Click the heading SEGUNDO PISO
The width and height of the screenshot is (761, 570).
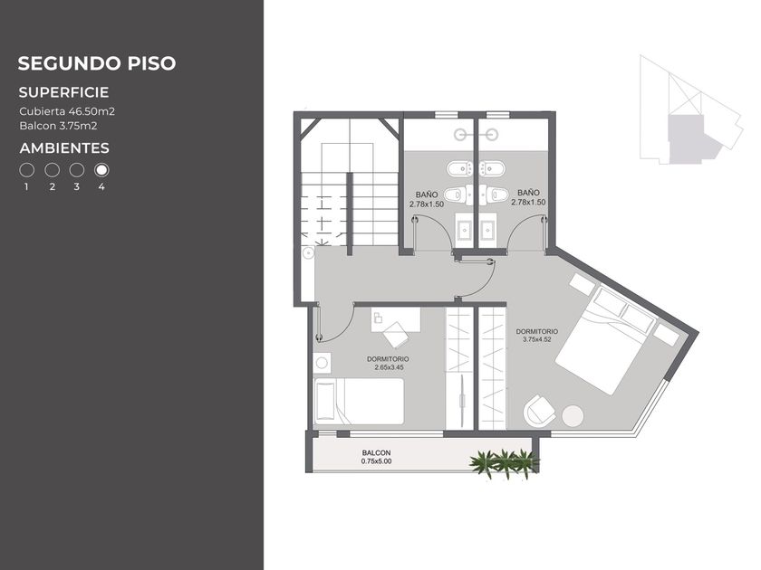click(x=97, y=63)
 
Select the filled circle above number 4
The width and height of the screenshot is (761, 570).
click(x=101, y=170)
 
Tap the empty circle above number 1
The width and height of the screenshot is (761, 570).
click(x=26, y=170)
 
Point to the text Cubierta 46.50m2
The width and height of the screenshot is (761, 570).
click(x=67, y=111)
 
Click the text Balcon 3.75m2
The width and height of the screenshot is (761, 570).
click(x=58, y=126)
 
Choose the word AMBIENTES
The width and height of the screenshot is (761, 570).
click(x=64, y=148)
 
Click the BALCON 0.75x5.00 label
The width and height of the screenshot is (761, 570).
click(x=376, y=457)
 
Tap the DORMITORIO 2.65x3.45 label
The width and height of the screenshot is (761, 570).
click(x=389, y=363)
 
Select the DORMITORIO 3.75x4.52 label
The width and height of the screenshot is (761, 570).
click(x=536, y=336)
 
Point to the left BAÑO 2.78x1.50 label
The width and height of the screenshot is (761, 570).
click(x=427, y=199)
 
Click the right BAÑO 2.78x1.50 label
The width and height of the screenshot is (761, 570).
click(x=528, y=198)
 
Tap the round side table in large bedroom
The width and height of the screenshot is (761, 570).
click(x=573, y=416)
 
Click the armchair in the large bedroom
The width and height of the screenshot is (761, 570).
click(x=539, y=411)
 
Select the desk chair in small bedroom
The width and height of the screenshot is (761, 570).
click(x=396, y=335)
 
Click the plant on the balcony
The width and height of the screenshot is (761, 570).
click(x=505, y=464)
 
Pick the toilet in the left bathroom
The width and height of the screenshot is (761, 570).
click(x=457, y=195)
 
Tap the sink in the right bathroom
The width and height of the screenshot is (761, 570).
click(x=487, y=230)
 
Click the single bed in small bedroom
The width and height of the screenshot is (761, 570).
click(x=359, y=402)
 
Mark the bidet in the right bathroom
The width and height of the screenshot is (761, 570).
click(x=492, y=168)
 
